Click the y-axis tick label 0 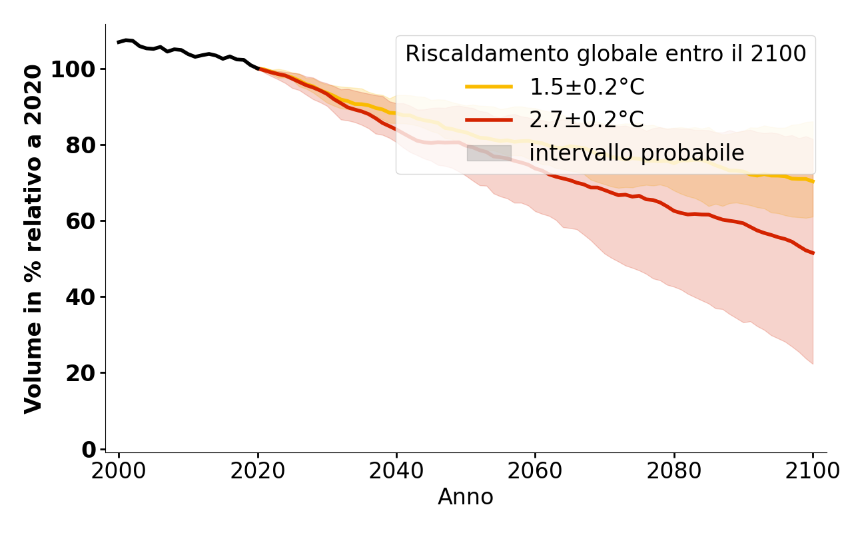tap(89, 450)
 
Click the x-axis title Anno tap(466, 497)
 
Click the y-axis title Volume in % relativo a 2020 tap(33, 239)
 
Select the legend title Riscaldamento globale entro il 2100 tap(606, 54)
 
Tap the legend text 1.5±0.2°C tap(587, 87)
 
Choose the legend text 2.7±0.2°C tap(587, 121)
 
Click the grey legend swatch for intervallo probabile tap(489, 153)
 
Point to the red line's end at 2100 tap(813, 253)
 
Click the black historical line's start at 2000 tap(119, 42)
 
